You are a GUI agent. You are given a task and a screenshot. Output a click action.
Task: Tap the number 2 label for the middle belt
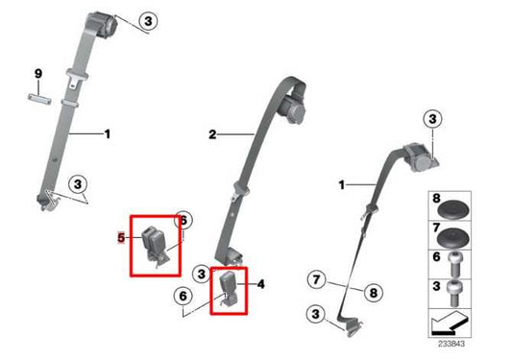pyautogui.click(x=213, y=135)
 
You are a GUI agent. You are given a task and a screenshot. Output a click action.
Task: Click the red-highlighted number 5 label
pyautogui.click(x=122, y=236)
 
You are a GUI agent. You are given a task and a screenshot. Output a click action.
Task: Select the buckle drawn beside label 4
pyautogui.click(x=228, y=287)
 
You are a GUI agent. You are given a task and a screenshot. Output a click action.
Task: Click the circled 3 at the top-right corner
pyautogui.click(x=432, y=119)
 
